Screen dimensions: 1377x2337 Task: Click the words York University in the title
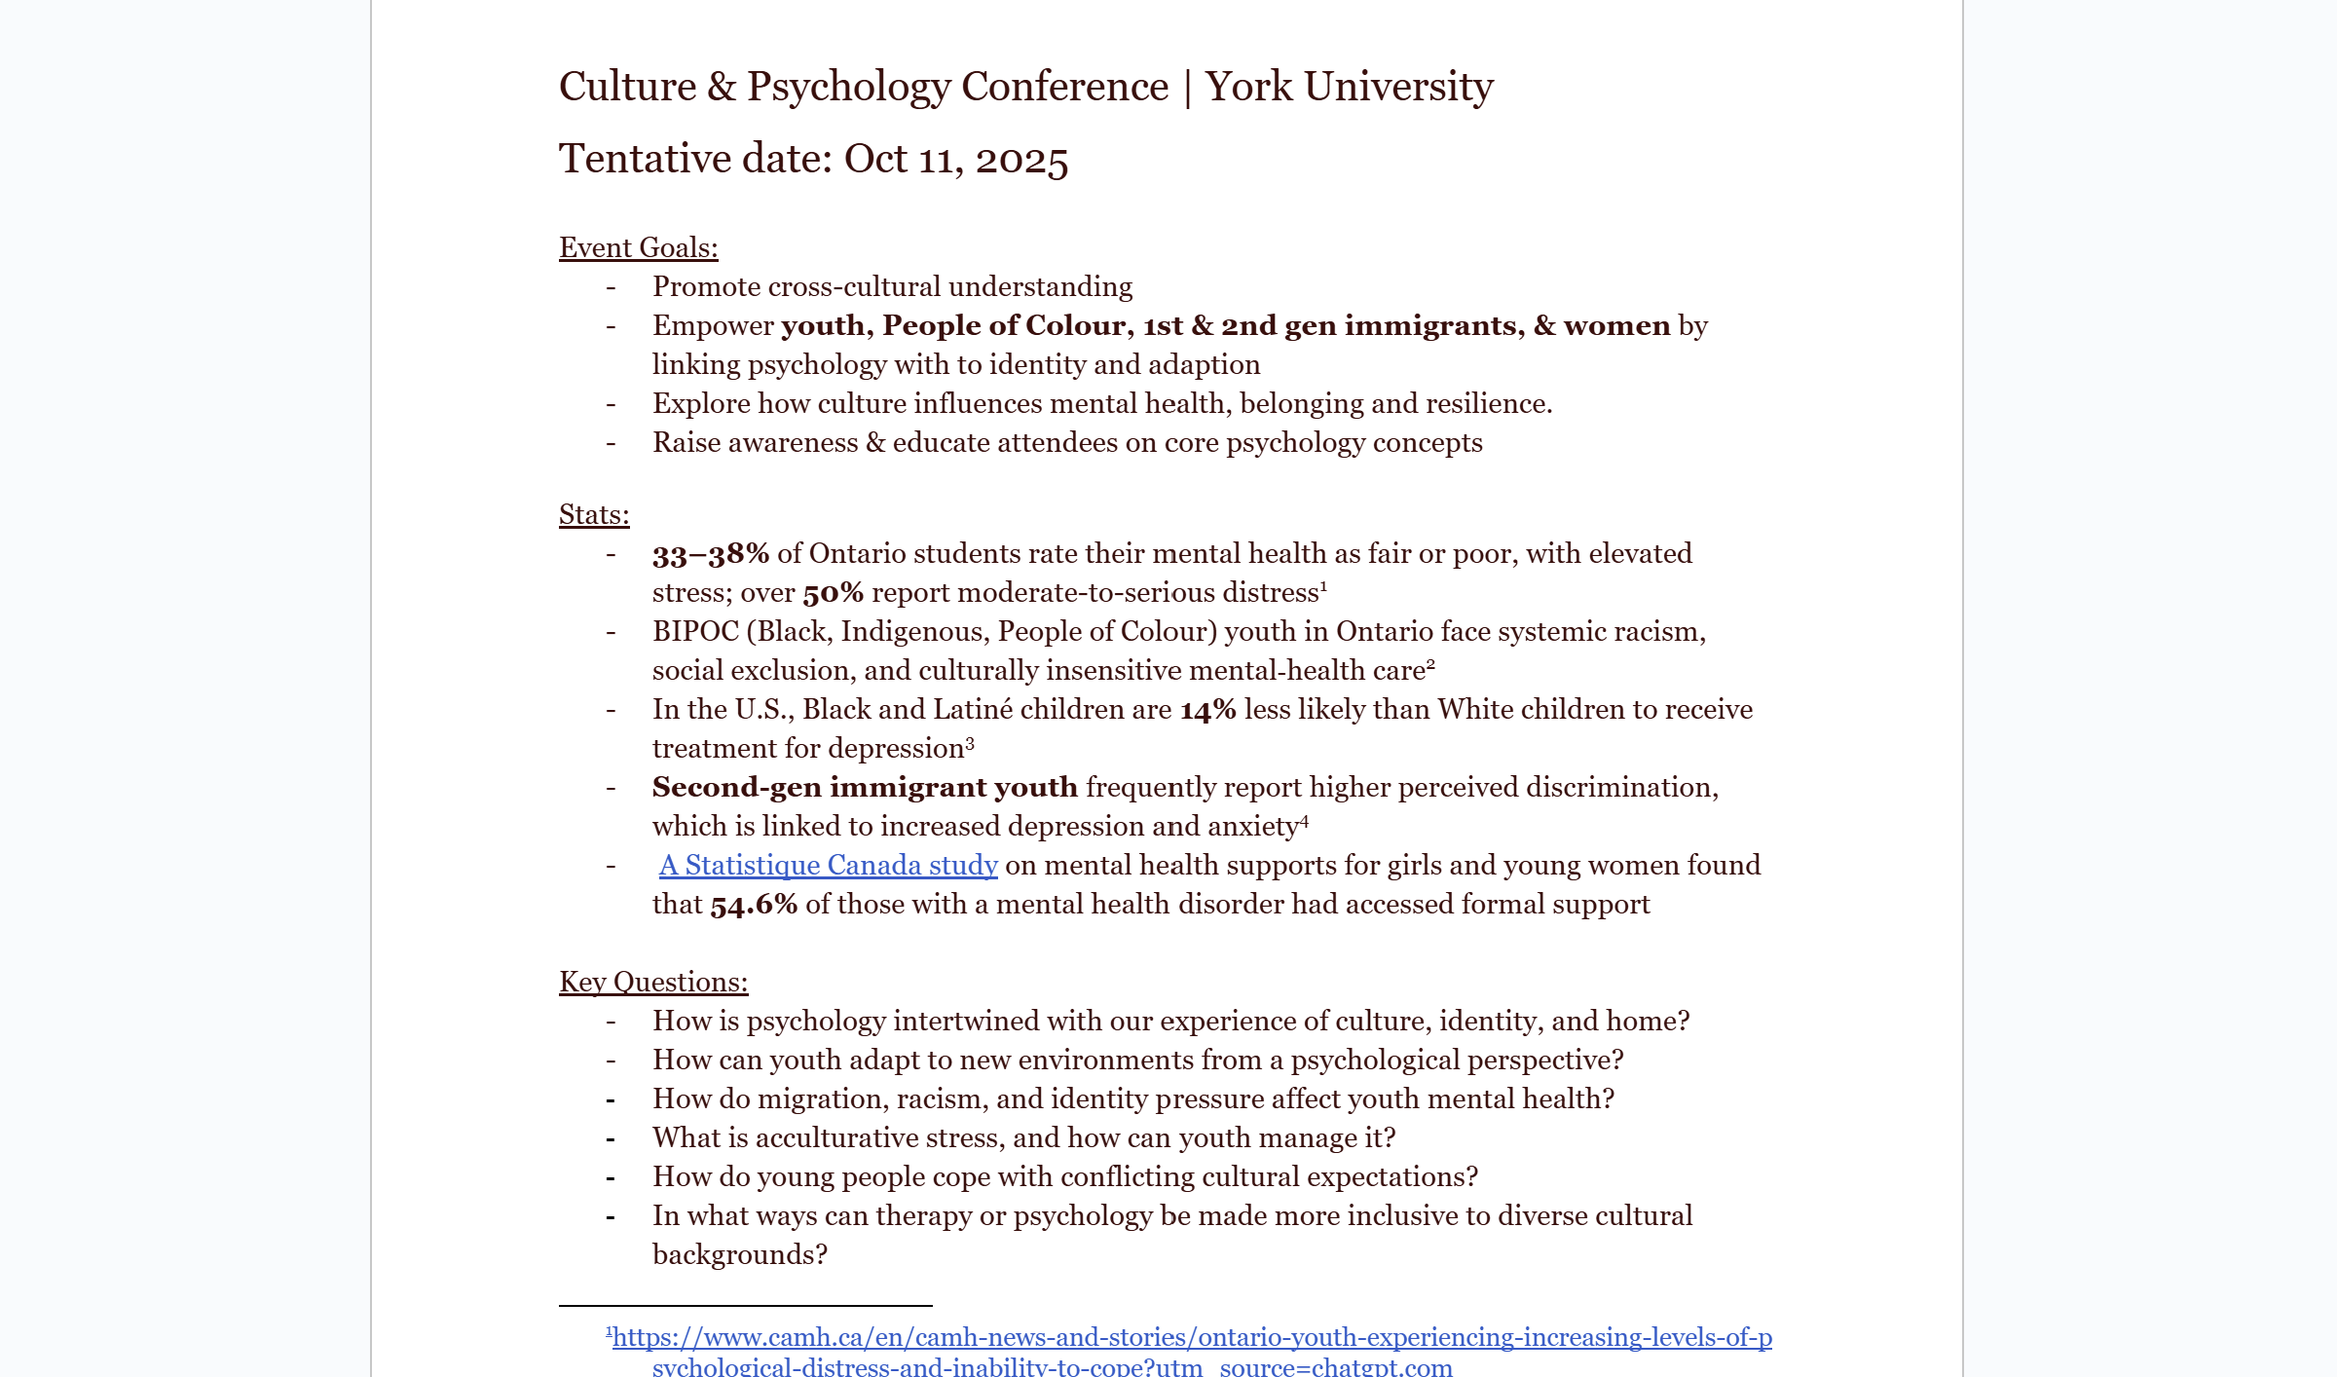[1349, 87]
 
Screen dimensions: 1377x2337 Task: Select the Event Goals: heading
[638, 247]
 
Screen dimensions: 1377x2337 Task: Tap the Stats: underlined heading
[594, 514]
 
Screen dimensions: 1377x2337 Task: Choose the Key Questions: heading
[653, 982]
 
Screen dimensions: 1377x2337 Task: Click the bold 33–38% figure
[710, 554]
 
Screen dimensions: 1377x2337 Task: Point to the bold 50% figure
[833, 593]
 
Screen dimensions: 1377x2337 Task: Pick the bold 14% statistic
[1207, 710]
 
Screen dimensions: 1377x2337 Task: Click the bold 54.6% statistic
[754, 905]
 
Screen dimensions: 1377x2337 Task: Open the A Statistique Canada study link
[828, 865]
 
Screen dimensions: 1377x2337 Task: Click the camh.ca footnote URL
[1192, 1337]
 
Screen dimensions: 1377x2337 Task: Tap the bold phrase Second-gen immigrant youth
[865, 787]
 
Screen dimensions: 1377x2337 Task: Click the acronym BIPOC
[695, 631]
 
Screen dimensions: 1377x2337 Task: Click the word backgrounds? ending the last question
[739, 1254]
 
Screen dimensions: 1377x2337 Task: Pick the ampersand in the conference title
[722, 87]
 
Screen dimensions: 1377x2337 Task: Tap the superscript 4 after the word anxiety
[1305, 821]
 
